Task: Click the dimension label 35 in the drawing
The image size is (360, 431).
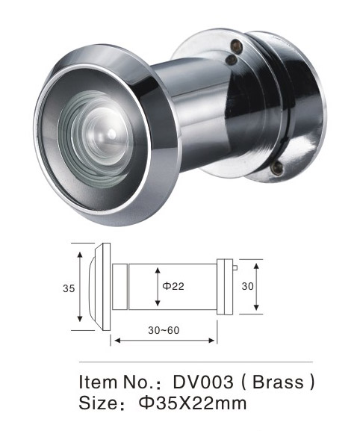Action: pyautogui.click(x=69, y=288)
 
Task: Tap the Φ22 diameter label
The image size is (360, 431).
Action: pyautogui.click(x=173, y=286)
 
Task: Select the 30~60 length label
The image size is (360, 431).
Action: pyautogui.click(x=164, y=330)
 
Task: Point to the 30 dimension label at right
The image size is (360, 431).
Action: pyautogui.click(x=247, y=286)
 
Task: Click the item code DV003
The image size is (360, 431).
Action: pyautogui.click(x=203, y=382)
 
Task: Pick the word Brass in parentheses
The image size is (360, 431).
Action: pyautogui.click(x=278, y=382)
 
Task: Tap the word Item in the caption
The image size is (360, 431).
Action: pyautogui.click(x=98, y=382)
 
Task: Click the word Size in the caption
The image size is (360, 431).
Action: pyautogui.click(x=98, y=403)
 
